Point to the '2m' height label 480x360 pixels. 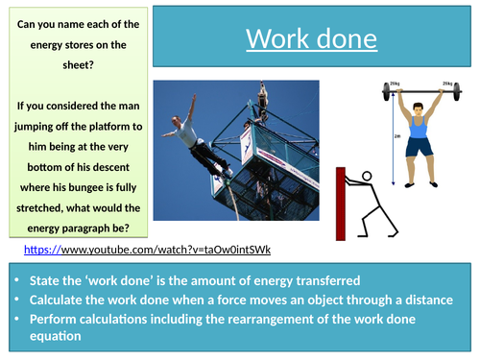pyautogui.click(x=381, y=136)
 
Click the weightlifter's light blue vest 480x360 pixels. pyautogui.click(x=420, y=125)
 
